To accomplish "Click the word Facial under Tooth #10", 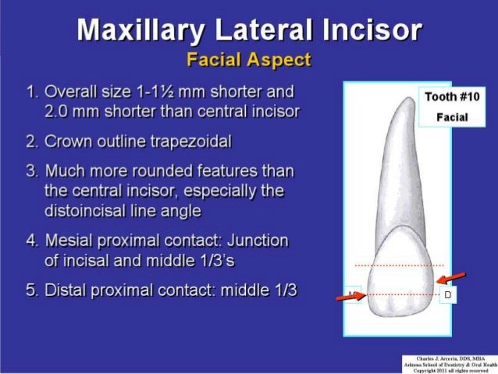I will coord(452,117).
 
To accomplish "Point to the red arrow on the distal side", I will coord(452,277).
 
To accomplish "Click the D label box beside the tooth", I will coord(448,295).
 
